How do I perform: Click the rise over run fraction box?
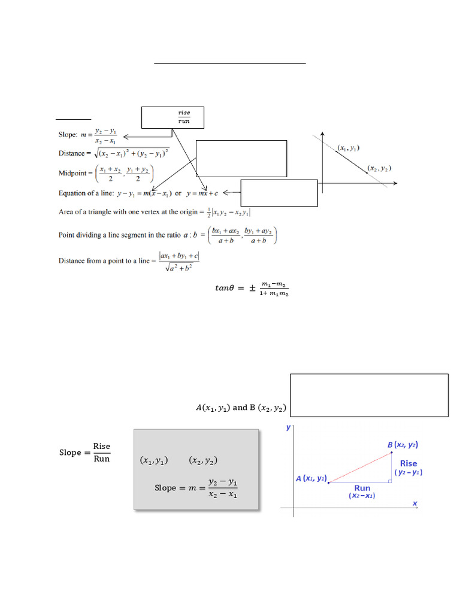(173, 117)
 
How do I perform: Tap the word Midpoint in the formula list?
(72, 174)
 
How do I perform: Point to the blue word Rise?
(408, 463)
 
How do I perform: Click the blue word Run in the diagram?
(362, 488)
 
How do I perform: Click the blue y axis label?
(289, 427)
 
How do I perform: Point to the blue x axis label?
(414, 504)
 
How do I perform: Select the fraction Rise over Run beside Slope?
(102, 453)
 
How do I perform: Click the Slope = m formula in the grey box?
(196, 488)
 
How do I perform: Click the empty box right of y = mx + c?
(279, 192)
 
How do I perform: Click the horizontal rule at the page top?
(230, 63)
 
